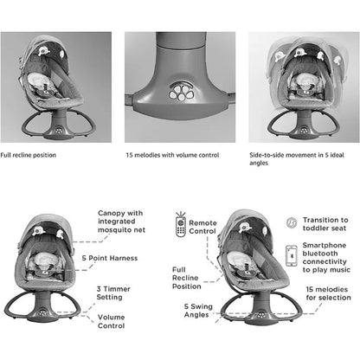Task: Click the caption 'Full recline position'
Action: tap(28, 155)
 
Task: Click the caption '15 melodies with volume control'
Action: tap(172, 155)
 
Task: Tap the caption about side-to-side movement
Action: tap(297, 158)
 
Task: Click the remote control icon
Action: tap(181, 225)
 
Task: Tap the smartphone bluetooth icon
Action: tap(292, 255)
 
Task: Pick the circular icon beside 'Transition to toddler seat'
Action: tap(292, 222)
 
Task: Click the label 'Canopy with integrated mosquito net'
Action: tap(121, 222)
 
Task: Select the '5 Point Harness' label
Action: tap(110, 258)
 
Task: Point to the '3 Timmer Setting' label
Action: tap(113, 292)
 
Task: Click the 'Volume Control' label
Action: tap(112, 321)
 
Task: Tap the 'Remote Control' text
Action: tap(202, 227)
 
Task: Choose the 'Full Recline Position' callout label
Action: tap(186, 278)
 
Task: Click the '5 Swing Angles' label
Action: tap(198, 311)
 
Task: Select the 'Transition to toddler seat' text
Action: tap(325, 224)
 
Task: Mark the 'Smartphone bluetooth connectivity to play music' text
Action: tap(326, 258)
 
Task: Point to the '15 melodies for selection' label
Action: tap(328, 293)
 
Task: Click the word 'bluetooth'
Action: tap(320, 254)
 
